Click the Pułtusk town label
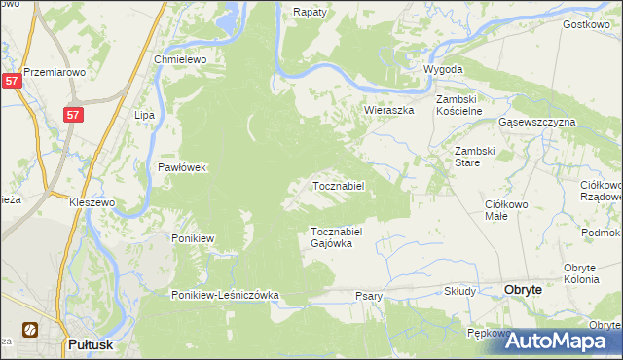coord(94,343)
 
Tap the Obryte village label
coord(529,290)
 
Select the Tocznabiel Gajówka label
coord(337,237)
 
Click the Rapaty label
coord(310,12)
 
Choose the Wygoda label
coord(442,70)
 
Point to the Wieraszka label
coord(389,110)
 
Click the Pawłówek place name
coord(182,167)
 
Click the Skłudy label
coord(459,291)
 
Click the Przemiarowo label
coord(56,72)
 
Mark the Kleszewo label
coord(92,203)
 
